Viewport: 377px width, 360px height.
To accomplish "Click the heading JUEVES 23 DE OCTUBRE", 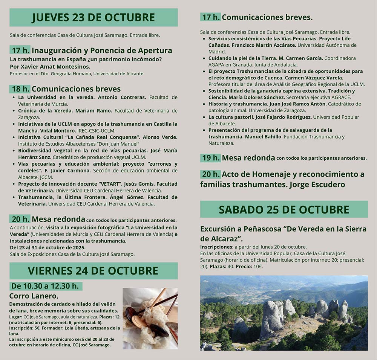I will [93, 17].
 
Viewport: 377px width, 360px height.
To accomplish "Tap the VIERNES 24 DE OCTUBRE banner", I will [93, 270].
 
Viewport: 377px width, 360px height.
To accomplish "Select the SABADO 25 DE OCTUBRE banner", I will [284, 209].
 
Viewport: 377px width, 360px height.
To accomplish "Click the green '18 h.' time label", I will [20, 89].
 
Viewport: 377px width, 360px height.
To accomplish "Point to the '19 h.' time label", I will [210, 158].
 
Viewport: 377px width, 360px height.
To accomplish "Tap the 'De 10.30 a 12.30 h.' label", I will [45, 286].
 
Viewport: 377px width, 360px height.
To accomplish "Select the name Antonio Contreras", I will [121, 97].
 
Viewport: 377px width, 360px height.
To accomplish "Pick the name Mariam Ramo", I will [93, 111].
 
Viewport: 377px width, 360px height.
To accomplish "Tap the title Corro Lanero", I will [34, 296].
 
